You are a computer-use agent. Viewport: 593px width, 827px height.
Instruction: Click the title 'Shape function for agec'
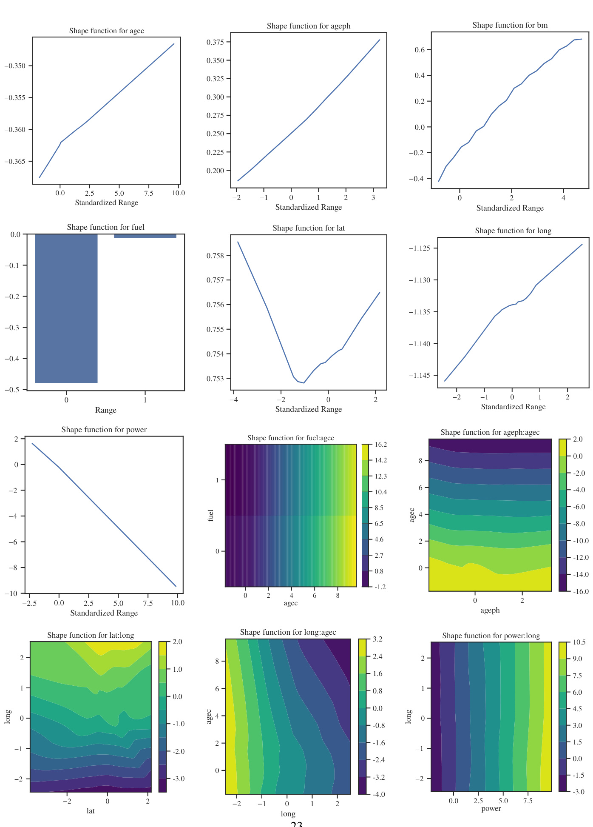click(x=106, y=31)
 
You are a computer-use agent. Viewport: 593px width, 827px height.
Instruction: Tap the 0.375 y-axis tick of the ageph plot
click(x=215, y=42)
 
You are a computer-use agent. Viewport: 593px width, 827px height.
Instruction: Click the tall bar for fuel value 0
click(x=66, y=308)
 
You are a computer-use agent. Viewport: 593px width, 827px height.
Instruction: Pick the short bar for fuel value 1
click(x=145, y=236)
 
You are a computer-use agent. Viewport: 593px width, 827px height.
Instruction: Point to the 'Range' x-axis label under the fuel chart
click(x=105, y=410)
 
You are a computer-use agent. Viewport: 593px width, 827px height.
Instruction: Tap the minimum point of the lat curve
click(x=304, y=383)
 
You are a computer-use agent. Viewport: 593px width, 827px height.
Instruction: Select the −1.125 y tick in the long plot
click(x=419, y=248)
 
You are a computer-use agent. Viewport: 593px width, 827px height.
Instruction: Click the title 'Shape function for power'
click(x=104, y=430)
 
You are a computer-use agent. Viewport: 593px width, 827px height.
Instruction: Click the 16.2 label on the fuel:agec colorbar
click(x=381, y=445)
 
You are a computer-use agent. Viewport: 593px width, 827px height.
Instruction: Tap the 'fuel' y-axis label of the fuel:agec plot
click(x=210, y=515)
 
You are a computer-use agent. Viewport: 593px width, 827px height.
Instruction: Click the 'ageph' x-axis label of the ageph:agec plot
click(x=490, y=610)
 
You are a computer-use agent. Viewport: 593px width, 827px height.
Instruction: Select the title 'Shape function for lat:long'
click(x=91, y=635)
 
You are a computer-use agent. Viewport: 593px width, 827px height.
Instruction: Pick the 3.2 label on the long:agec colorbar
click(x=377, y=639)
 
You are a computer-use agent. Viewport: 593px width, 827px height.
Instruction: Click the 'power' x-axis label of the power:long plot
click(x=491, y=809)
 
